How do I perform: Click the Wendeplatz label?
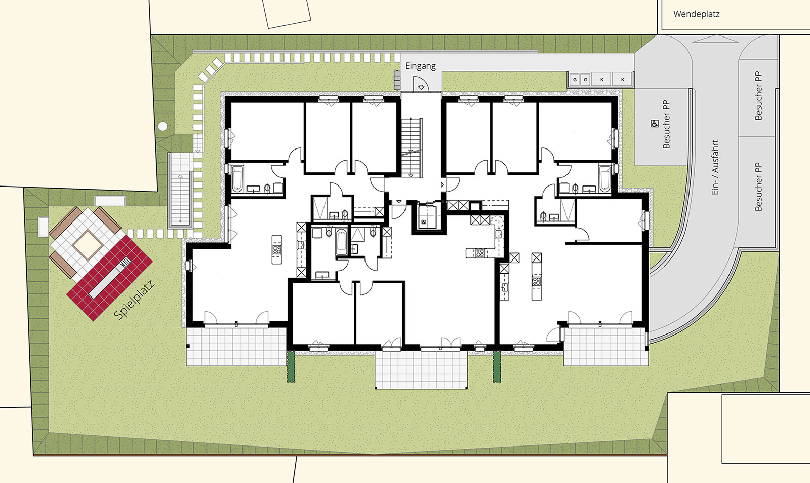point(697,15)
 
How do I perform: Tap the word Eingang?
point(420,66)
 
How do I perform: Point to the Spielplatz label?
point(134,300)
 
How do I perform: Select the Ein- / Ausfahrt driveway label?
point(715,167)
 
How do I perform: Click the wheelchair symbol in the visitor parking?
point(655,124)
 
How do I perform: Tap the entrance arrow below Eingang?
point(421,87)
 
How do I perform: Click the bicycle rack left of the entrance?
point(397,80)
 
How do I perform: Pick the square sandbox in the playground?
point(88,245)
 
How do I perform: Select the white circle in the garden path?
point(163,126)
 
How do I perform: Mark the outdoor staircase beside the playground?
point(179,191)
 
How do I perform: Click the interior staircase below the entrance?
point(412,147)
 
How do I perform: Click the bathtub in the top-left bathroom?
point(237,179)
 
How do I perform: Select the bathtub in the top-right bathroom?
point(604,178)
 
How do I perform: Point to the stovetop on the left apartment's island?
point(276,249)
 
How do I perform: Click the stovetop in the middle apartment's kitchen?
point(480,253)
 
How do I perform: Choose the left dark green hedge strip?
point(291,367)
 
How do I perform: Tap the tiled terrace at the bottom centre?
point(421,369)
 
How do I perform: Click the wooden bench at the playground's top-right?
point(107,220)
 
